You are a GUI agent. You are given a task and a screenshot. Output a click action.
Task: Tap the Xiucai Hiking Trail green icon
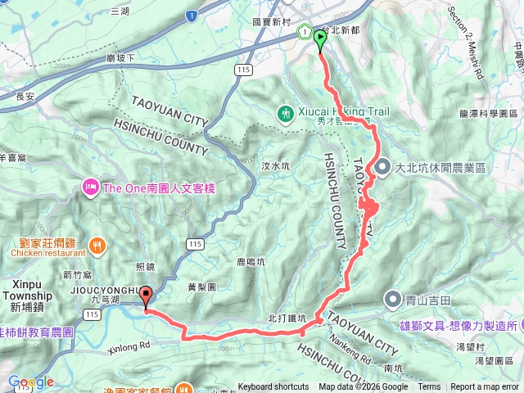(x=286, y=113)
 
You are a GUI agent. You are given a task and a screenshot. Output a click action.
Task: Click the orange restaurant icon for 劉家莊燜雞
(x=97, y=244)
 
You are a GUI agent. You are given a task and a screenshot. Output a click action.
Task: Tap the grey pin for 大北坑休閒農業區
(x=382, y=167)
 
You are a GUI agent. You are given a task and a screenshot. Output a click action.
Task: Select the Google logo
(x=31, y=382)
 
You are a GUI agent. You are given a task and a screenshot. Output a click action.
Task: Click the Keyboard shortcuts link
(x=274, y=387)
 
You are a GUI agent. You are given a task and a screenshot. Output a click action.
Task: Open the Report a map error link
(x=486, y=387)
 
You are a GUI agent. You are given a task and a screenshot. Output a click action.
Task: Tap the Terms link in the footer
(x=428, y=387)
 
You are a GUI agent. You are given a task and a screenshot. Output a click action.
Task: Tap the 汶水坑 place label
(x=276, y=166)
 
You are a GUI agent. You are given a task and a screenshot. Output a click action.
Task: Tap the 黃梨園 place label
(x=201, y=287)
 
